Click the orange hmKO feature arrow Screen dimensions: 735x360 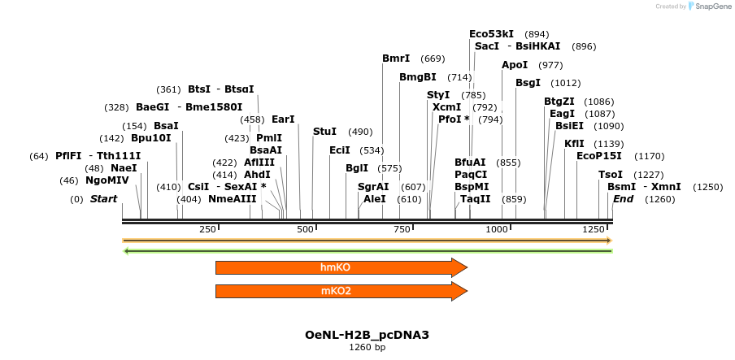click(341, 267)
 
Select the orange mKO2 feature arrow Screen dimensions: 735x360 click(341, 291)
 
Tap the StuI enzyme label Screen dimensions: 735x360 click(325, 132)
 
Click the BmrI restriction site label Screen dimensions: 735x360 click(396, 59)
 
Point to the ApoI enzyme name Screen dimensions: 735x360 click(515, 65)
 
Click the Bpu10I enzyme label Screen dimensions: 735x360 click(151, 138)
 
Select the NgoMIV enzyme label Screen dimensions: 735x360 click(107, 180)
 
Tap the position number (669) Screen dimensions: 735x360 click(433, 59)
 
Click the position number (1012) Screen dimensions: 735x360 click(565, 84)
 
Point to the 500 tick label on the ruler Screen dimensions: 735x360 click(305, 229)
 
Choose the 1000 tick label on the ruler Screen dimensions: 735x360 click(497, 229)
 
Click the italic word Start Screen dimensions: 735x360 click(103, 199)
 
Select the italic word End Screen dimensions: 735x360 click(623, 199)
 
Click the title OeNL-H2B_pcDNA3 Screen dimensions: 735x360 click(367, 335)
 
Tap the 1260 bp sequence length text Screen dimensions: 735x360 click(367, 347)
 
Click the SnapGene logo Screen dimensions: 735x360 click(710, 6)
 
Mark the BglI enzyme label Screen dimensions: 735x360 click(357, 168)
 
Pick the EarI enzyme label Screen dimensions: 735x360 click(283, 119)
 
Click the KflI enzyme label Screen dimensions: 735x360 click(574, 144)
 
